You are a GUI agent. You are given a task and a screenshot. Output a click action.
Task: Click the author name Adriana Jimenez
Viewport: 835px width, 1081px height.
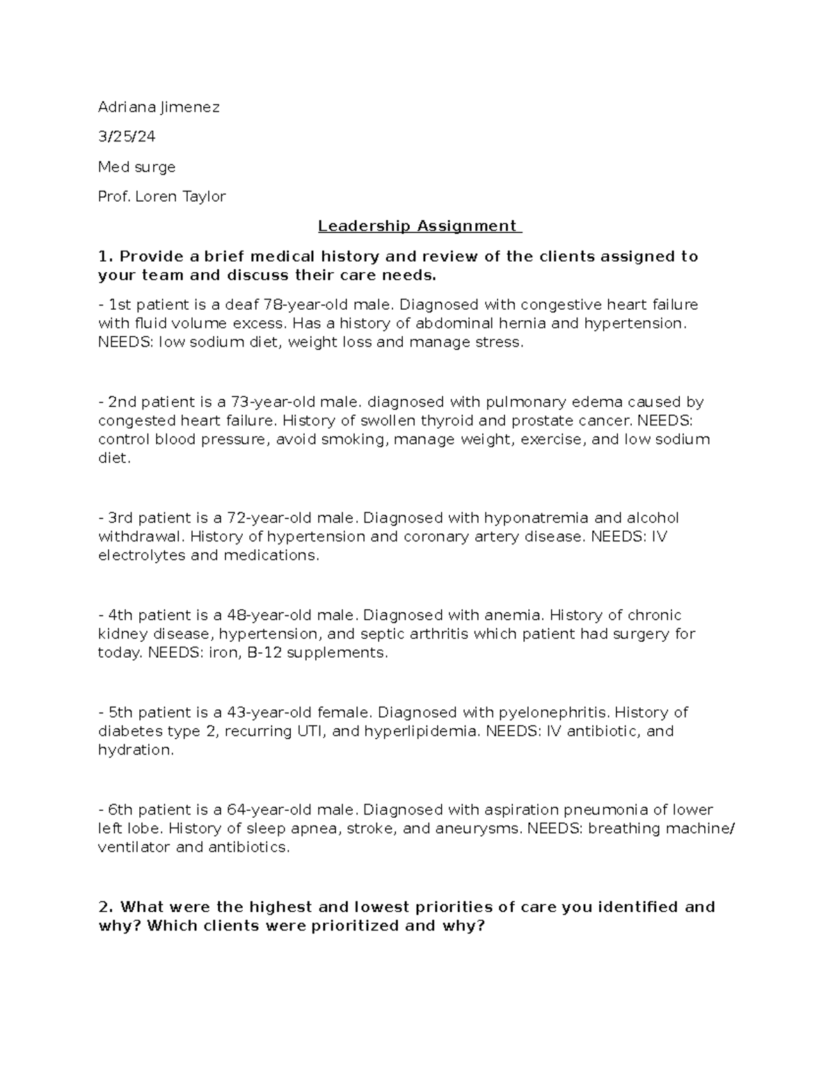pos(159,107)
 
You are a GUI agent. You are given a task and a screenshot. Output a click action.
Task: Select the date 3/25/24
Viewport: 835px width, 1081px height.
pos(127,137)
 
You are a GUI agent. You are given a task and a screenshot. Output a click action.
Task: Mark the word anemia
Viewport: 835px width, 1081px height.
pos(514,615)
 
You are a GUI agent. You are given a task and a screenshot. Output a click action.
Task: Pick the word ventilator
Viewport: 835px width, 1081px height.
pos(135,848)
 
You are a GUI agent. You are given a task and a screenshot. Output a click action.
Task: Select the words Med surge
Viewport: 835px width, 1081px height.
pos(136,167)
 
